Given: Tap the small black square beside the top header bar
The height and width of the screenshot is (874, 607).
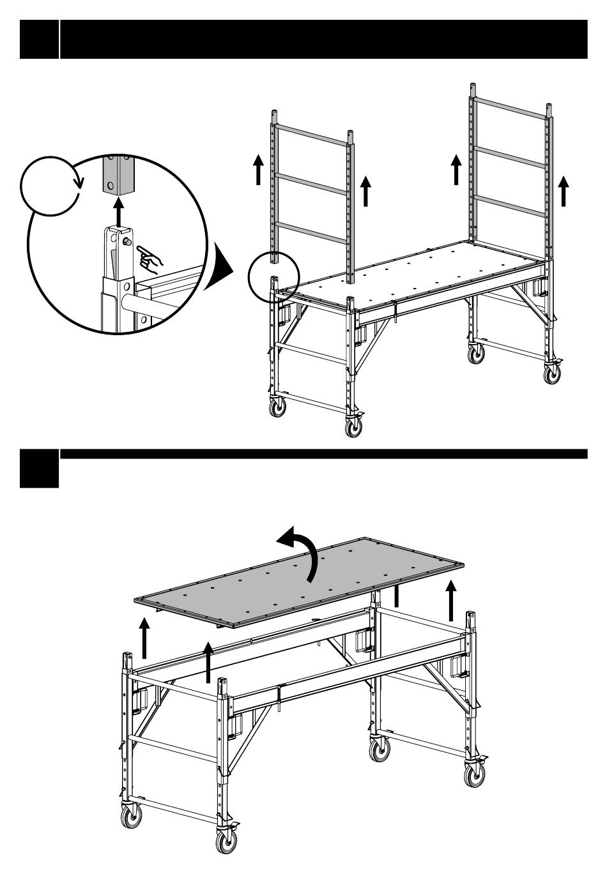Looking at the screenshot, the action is (x=39, y=39).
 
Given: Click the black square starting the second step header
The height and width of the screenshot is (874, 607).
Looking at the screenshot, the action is (x=39, y=469).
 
